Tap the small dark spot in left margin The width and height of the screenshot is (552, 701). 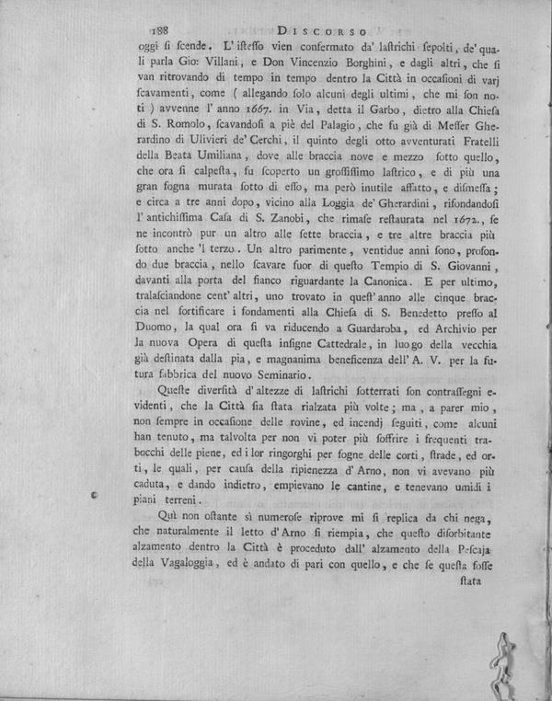pyautogui.click(x=98, y=495)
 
